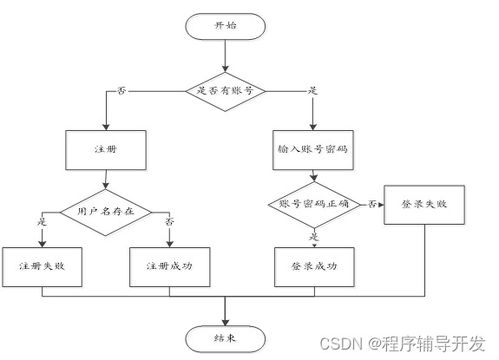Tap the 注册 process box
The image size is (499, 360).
click(x=105, y=149)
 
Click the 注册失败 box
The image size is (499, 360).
click(x=42, y=267)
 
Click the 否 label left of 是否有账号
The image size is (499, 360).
click(x=122, y=91)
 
